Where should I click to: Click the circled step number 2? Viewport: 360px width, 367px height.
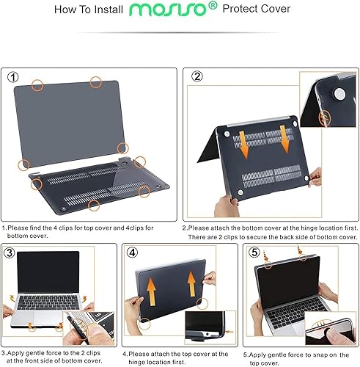click(x=196, y=77)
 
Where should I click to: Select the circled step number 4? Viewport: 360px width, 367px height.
click(x=133, y=252)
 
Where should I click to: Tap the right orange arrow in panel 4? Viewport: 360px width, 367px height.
click(x=191, y=280)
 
